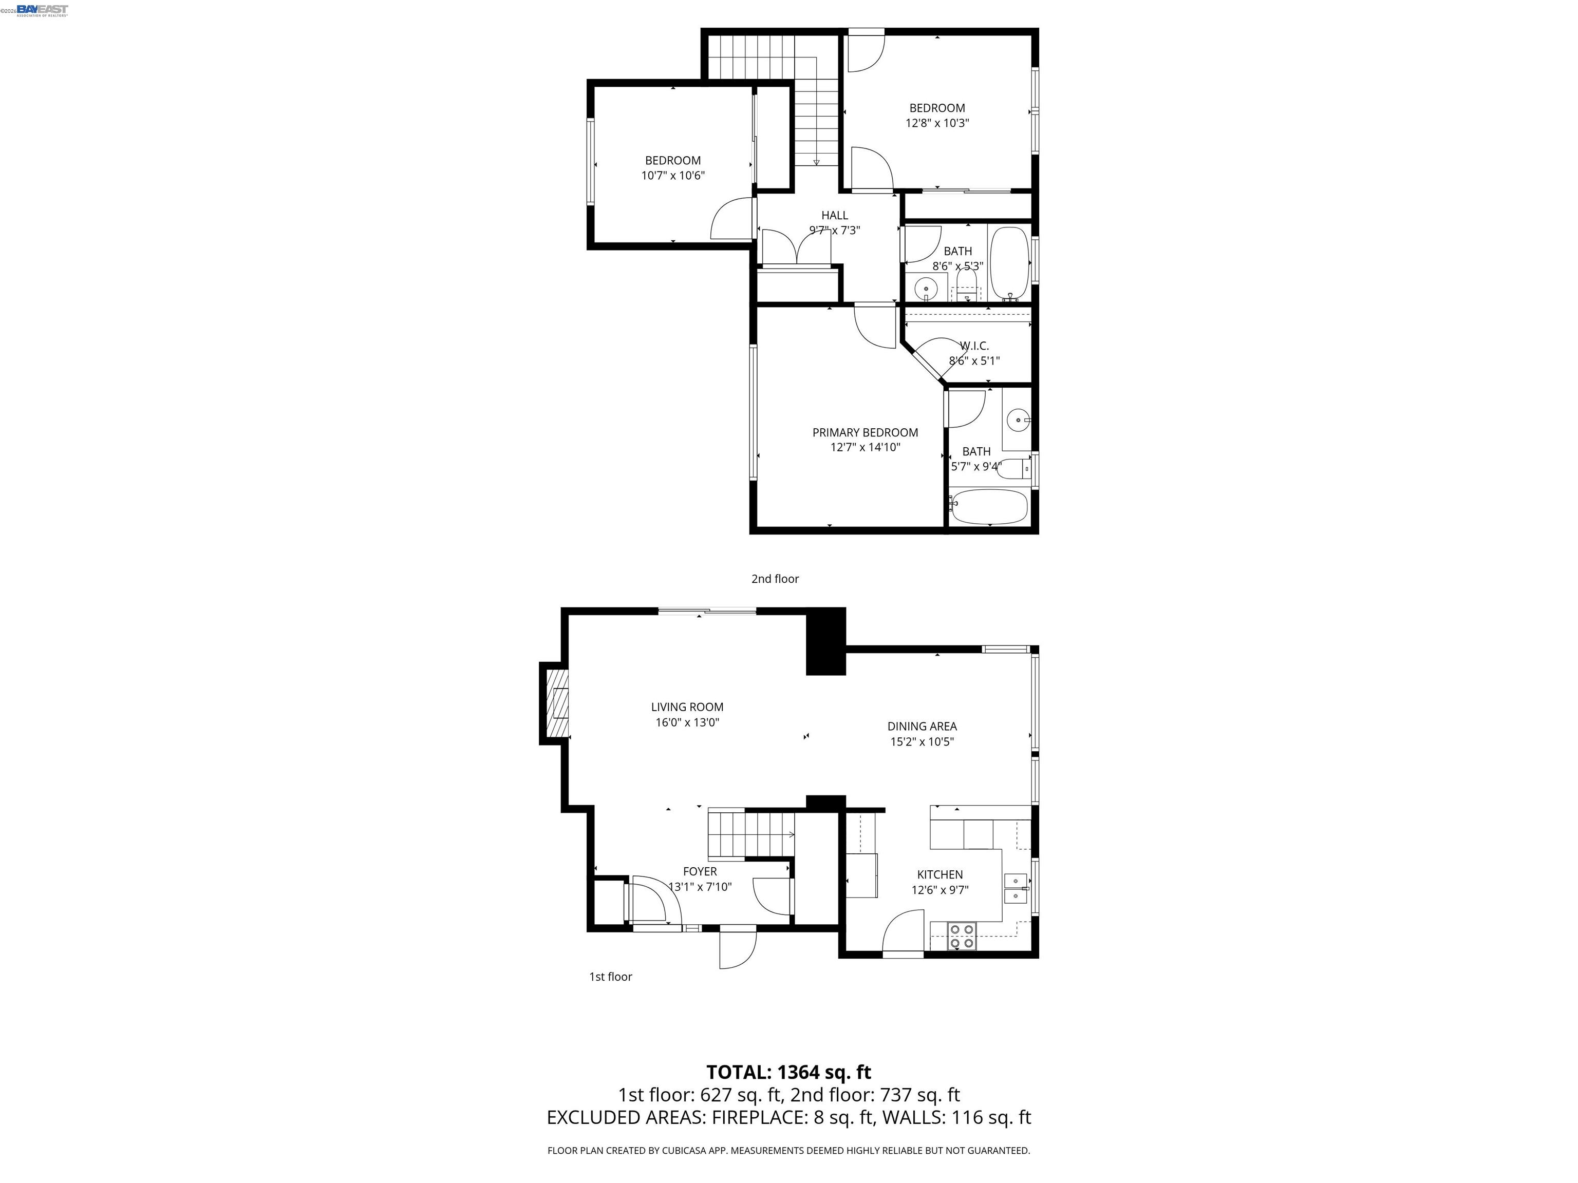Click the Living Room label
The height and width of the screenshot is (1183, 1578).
687,707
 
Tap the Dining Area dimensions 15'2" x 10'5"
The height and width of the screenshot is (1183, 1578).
922,741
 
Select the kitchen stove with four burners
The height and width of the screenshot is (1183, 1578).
962,936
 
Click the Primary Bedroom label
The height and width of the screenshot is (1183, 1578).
865,432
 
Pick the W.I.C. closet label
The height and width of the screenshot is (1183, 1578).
974,346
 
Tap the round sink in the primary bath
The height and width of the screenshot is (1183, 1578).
1018,420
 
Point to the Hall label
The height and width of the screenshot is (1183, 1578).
834,215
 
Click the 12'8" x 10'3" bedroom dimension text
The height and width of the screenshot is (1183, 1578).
936,123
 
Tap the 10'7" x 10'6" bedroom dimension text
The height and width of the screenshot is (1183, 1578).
673,176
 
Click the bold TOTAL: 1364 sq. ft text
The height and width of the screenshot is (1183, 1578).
788,1072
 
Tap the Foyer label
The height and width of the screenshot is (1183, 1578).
700,871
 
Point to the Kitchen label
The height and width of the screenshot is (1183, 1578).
940,874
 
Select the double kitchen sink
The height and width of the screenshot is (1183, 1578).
1015,888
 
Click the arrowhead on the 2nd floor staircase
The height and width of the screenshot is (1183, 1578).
816,162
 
